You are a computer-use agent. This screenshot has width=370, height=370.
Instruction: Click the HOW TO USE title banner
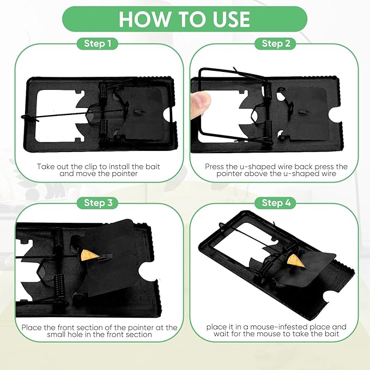pyautogui.click(x=184, y=19)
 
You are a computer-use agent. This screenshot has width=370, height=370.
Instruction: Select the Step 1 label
pyautogui.click(x=99, y=44)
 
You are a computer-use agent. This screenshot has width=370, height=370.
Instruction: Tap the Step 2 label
pyautogui.click(x=276, y=44)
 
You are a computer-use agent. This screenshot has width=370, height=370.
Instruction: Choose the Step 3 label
pyautogui.click(x=99, y=203)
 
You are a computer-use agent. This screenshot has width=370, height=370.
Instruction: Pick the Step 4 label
pyautogui.click(x=276, y=203)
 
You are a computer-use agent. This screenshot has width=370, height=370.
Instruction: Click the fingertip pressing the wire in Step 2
pyautogui.click(x=201, y=101)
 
